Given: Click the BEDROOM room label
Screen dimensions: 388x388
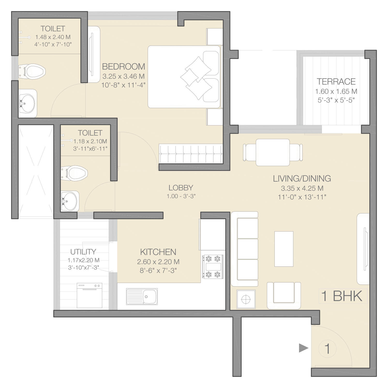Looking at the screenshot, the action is (123, 66).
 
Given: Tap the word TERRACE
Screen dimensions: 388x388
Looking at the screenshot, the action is (336, 81).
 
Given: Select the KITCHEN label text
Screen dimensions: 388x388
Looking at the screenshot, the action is (158, 252).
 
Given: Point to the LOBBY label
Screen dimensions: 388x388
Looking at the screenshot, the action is (181, 188).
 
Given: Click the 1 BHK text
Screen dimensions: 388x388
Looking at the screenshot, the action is (341, 296).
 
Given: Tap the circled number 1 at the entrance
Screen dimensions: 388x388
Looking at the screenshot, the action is (327, 349).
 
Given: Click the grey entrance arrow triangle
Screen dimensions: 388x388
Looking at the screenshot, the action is (304, 348).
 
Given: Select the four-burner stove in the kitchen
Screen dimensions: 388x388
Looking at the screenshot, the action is (212, 267).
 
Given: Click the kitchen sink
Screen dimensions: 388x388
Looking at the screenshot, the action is (142, 296).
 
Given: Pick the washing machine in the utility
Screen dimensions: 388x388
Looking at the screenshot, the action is (89, 295).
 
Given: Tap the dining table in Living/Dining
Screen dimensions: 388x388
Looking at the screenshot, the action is (273, 152).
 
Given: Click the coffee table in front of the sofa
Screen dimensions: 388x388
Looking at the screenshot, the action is (284, 249).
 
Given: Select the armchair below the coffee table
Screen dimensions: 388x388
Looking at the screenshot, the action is (284, 295).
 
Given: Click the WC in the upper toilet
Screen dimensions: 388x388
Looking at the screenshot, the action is (32, 71).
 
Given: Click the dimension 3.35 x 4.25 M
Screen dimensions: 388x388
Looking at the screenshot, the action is (302, 188).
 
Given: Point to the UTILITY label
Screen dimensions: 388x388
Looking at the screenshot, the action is (83, 252).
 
